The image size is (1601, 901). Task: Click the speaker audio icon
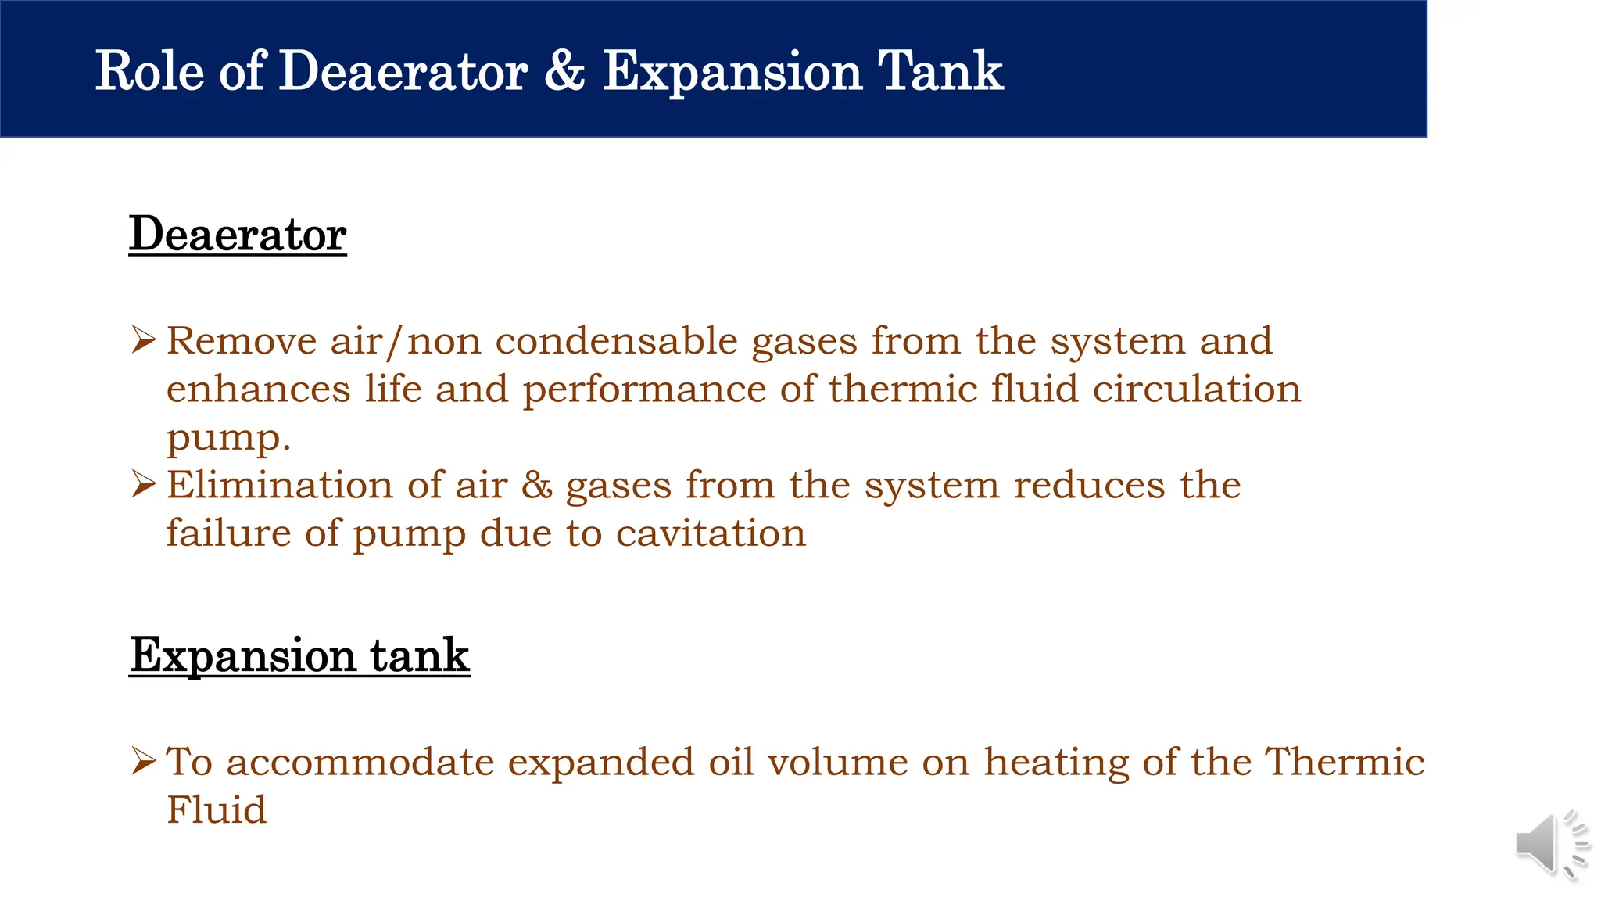click(x=1551, y=844)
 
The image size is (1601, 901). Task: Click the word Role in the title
click(x=149, y=72)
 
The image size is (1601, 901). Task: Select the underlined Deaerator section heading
click(x=238, y=234)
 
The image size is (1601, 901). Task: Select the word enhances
click(x=258, y=389)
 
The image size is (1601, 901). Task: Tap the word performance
click(x=644, y=390)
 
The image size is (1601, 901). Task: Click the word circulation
click(x=1196, y=389)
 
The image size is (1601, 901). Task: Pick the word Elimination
click(x=279, y=485)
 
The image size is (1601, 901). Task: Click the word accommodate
click(x=360, y=762)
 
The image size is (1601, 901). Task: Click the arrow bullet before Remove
click(x=145, y=339)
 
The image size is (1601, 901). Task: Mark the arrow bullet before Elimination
click(x=145, y=483)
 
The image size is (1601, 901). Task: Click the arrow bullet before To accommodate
click(x=145, y=760)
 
